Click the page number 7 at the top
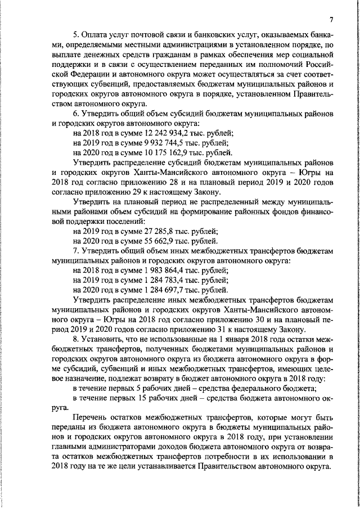pyautogui.click(x=332, y=21)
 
